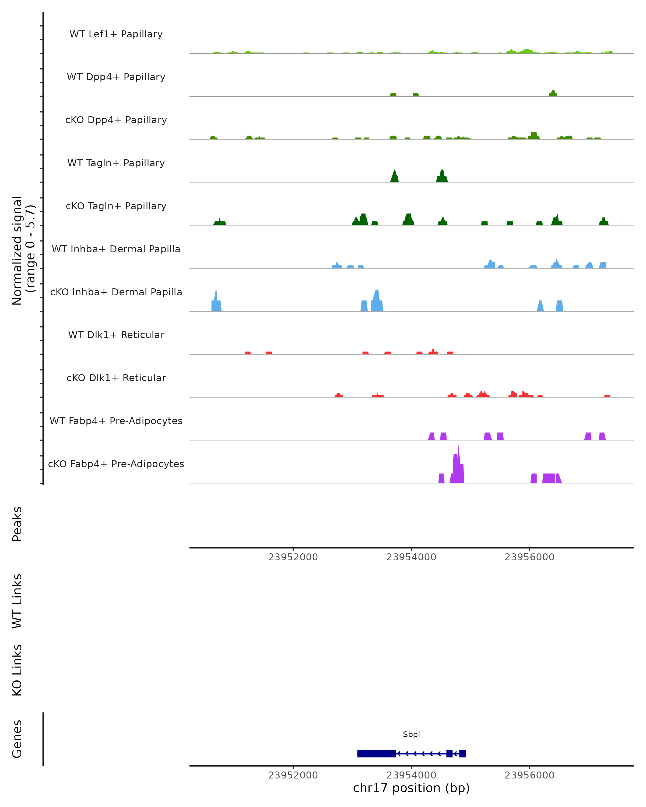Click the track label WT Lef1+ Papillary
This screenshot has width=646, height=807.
coord(116,34)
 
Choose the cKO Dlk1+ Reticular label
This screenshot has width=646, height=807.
coord(116,378)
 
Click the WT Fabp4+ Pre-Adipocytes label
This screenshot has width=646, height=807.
coord(116,421)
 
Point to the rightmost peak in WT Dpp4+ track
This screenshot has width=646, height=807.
coord(553,93)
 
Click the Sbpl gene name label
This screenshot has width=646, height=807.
coord(411,734)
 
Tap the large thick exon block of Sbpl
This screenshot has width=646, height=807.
coord(376,753)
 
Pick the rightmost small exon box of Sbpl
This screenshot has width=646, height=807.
coord(462,753)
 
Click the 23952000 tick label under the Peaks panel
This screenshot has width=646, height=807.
coord(293,557)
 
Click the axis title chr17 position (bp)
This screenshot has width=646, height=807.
coord(411,788)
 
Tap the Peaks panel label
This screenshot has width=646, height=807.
coord(17,524)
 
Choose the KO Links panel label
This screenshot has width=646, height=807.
coord(17,670)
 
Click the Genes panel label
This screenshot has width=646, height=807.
coord(17,739)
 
